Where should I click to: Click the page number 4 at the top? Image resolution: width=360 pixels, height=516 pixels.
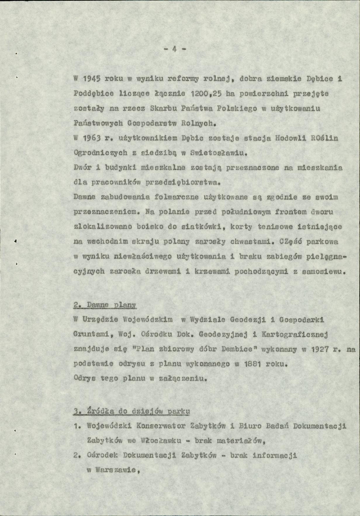click(x=175, y=49)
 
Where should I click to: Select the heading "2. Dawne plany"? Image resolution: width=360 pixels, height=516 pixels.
click(x=104, y=305)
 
